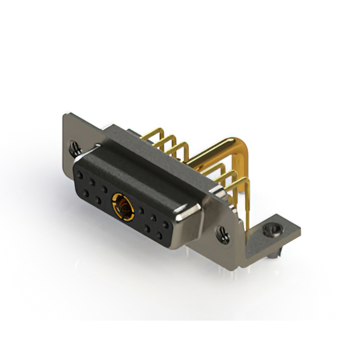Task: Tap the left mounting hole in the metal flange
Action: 74,148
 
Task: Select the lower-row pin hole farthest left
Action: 85,193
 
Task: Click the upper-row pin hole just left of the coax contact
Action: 104,188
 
